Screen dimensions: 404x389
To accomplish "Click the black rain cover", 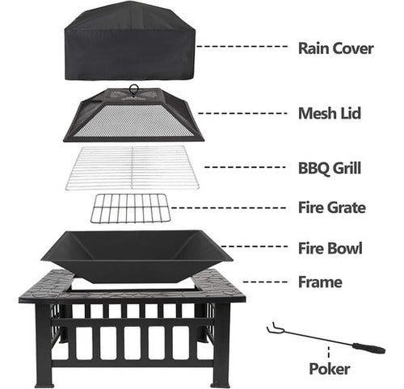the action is (130, 43).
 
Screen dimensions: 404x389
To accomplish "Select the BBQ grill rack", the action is (133, 167).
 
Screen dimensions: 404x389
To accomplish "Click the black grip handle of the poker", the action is (369, 348).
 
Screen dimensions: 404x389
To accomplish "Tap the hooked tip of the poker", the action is (271, 328).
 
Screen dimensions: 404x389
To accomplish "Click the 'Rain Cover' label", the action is (335, 48).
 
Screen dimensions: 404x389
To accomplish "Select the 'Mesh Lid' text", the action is (330, 113).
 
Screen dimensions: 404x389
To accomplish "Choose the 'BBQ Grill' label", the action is (330, 168).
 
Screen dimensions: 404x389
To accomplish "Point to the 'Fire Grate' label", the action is (332, 207).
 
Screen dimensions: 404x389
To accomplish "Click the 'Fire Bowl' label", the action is (330, 248).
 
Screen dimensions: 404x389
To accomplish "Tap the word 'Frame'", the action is (320, 282).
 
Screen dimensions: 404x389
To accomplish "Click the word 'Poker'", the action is (329, 369).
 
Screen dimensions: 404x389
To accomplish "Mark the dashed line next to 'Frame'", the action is (265, 282).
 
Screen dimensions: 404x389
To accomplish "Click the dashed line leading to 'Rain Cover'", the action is (242, 47).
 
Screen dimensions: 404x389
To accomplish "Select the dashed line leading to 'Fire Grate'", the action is (229, 207).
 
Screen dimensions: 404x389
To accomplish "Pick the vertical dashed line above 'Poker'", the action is (329, 353).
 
